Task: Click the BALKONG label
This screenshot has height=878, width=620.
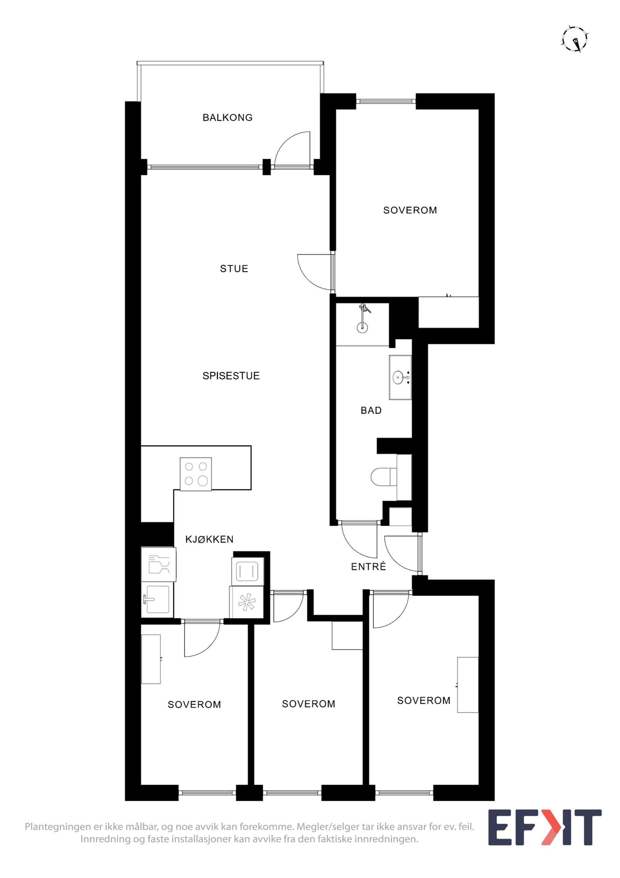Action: point(227,117)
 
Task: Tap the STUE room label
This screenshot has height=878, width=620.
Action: point(234,269)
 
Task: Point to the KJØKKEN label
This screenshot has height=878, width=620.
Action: point(209,539)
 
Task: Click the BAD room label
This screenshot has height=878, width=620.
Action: point(371,410)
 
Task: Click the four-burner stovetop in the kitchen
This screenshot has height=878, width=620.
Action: point(196,474)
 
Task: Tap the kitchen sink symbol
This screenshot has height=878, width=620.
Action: point(157,600)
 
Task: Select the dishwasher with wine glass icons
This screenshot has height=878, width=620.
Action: point(159,564)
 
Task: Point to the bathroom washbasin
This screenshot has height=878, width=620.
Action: point(400,378)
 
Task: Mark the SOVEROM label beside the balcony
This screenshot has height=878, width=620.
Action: point(410,210)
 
